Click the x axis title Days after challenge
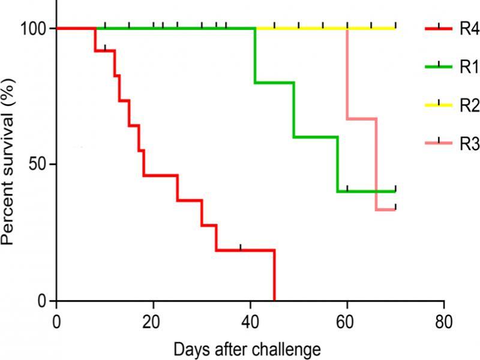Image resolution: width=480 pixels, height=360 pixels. (x=247, y=348)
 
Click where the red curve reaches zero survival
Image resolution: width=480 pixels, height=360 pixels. (x=274, y=299)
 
